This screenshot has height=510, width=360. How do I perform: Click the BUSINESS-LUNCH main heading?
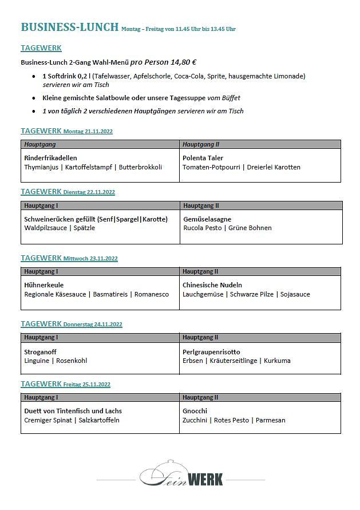(69, 27)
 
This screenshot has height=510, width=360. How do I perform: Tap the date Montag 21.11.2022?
(88, 132)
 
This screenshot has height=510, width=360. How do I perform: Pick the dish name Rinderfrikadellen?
(50, 158)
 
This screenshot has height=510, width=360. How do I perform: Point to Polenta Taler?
(203, 158)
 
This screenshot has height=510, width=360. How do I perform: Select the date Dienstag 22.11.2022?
(89, 192)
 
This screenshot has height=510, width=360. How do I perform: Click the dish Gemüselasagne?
(207, 219)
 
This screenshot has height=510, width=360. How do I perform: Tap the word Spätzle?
(84, 228)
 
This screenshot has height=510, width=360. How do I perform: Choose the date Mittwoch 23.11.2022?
(90, 259)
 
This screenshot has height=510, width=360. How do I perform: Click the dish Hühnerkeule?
(44, 285)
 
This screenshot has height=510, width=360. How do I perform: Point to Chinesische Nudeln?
(212, 285)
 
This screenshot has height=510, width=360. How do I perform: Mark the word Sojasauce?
(295, 294)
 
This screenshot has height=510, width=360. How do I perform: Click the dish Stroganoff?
(41, 352)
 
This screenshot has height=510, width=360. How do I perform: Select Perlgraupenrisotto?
(212, 352)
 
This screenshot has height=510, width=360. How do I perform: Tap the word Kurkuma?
(278, 361)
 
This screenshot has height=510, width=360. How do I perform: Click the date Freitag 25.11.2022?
(87, 385)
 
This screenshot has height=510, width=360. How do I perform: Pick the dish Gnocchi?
(195, 411)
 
